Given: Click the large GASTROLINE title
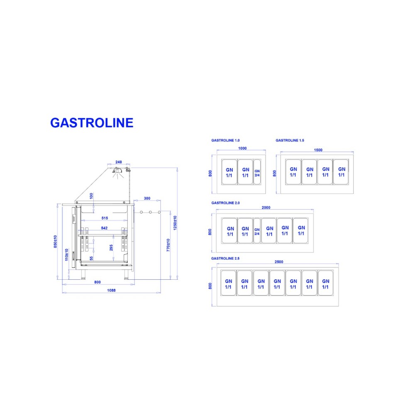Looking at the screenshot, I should pos(92,122).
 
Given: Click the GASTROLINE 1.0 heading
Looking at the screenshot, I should pos(225,141).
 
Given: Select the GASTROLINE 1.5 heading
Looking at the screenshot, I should pos(290,141).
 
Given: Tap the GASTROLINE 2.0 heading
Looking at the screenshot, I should pos(225,203).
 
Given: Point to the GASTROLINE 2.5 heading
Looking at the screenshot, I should pos(225,258).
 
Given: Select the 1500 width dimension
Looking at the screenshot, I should pos(318,150).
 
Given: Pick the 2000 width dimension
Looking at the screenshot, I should pos(266,207).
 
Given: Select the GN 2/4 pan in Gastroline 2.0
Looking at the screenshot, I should pos(257,231).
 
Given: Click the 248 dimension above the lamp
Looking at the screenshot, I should pos(119,162).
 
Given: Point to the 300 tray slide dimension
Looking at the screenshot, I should pos(147,198).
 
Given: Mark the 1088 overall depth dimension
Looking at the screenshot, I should pos(111,290).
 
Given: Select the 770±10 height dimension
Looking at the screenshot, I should pos(168,245).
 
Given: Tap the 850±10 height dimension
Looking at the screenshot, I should pos(56,243).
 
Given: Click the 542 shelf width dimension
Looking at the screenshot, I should pos(104,229).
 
